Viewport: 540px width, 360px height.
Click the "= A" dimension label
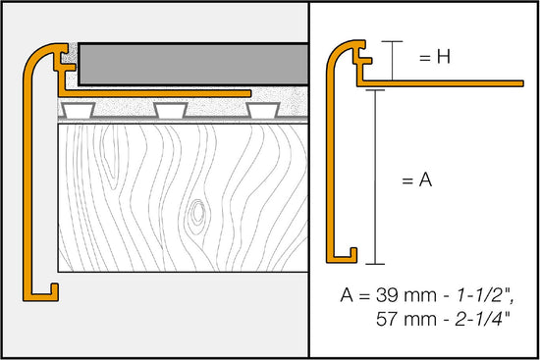(x=419, y=180)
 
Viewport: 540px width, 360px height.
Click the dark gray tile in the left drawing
(x=187, y=63)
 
